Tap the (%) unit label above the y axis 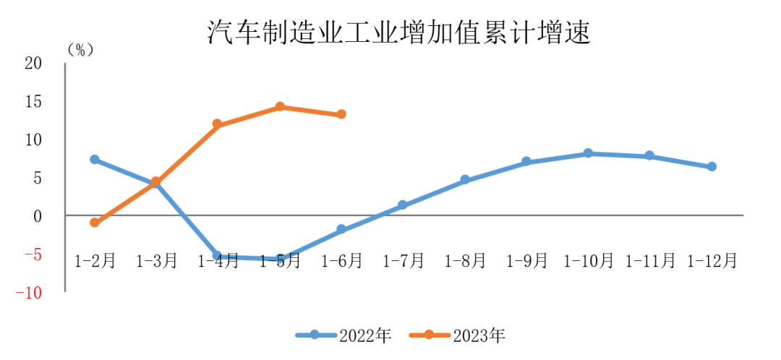point(80,50)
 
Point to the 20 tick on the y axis point(34,64)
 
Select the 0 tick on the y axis point(39,216)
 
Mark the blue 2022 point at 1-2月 point(95,159)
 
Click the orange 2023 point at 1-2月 point(95,223)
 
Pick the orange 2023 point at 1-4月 point(218,124)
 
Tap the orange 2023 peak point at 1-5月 point(279,107)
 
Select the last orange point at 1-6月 point(341,114)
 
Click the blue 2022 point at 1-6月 point(341,229)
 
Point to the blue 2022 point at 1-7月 point(403,205)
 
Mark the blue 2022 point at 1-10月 point(588,153)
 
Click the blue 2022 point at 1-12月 point(712,166)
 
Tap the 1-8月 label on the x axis point(465,261)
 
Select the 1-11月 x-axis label point(650,261)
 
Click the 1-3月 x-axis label point(156,261)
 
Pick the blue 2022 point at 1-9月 point(526,162)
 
